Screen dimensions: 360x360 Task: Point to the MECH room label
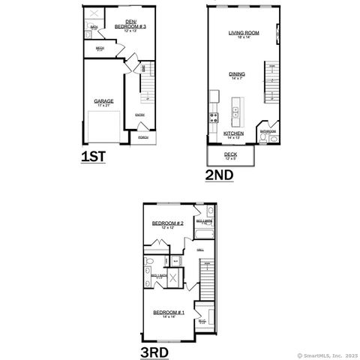click(x=100, y=49)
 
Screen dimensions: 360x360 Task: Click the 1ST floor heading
click(x=94, y=157)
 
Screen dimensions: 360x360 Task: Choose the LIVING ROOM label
click(x=244, y=33)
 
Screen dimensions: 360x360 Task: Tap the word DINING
click(x=237, y=73)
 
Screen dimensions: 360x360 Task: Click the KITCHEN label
click(x=233, y=133)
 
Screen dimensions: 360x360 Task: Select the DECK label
click(x=230, y=154)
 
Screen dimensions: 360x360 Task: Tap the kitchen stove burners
click(x=214, y=116)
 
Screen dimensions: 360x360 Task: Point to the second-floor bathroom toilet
click(x=274, y=138)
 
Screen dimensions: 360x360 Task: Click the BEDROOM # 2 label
click(x=167, y=223)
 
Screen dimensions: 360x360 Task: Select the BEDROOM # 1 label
click(x=168, y=312)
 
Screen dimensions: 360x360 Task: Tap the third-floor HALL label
click(x=200, y=250)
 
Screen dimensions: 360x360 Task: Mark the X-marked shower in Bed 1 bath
click(x=173, y=277)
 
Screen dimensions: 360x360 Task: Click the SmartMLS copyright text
click(x=327, y=355)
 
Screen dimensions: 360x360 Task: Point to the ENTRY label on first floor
click(x=140, y=114)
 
